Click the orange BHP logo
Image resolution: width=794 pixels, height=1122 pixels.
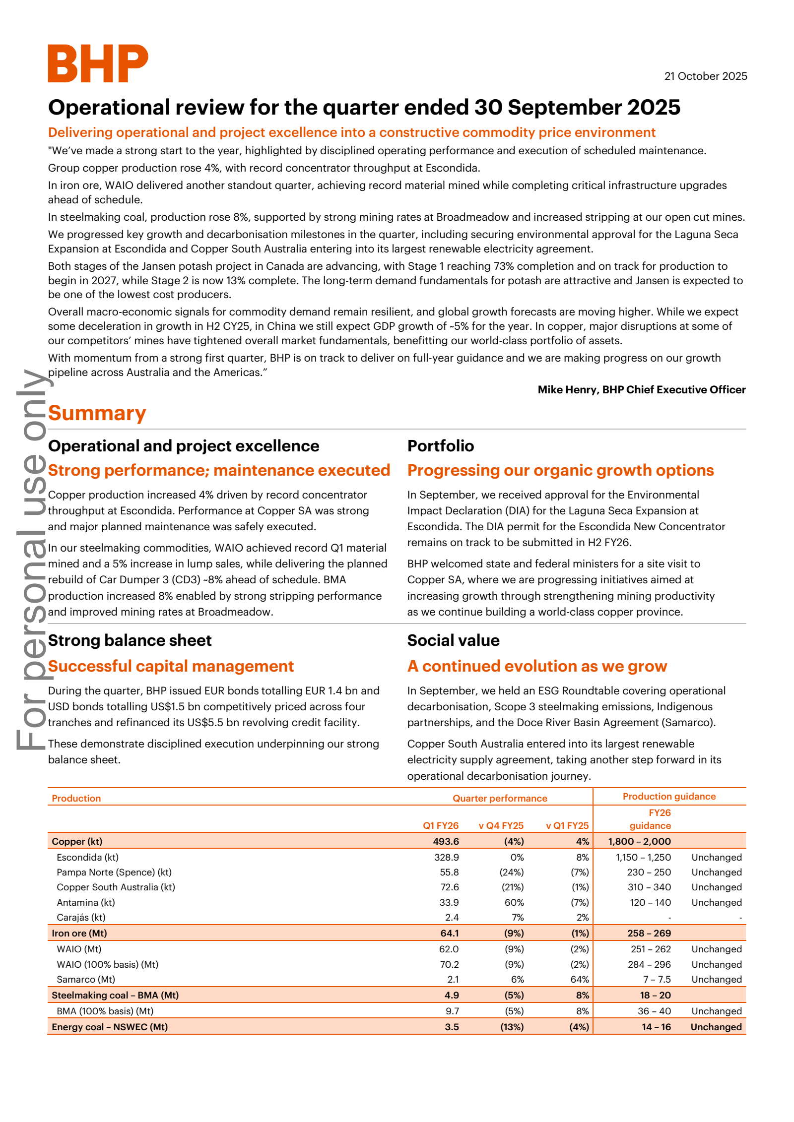click(98, 63)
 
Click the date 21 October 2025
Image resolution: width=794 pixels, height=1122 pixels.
click(705, 76)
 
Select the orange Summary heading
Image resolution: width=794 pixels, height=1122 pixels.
click(97, 413)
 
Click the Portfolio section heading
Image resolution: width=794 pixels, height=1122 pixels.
click(440, 446)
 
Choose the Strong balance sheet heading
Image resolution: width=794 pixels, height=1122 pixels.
click(130, 640)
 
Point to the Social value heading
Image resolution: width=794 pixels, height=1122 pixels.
click(453, 640)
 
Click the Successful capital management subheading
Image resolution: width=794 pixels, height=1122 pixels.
click(171, 666)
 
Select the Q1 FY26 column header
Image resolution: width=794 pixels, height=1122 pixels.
click(440, 825)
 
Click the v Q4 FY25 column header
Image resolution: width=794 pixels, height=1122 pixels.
click(501, 825)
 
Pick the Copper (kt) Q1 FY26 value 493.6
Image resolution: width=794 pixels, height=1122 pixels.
click(446, 841)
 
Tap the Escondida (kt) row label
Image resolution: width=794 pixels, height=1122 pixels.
click(87, 857)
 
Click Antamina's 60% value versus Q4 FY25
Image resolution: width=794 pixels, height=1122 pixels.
click(514, 902)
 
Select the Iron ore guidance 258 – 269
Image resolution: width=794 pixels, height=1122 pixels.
click(649, 933)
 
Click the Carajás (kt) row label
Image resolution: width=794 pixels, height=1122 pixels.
click(81, 917)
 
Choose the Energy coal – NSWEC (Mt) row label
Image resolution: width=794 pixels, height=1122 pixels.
click(110, 1027)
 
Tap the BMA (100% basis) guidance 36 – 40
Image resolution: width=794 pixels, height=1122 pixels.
click(654, 1011)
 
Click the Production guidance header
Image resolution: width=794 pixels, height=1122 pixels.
click(669, 796)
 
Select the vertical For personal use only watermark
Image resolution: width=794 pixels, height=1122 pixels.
click(31, 561)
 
